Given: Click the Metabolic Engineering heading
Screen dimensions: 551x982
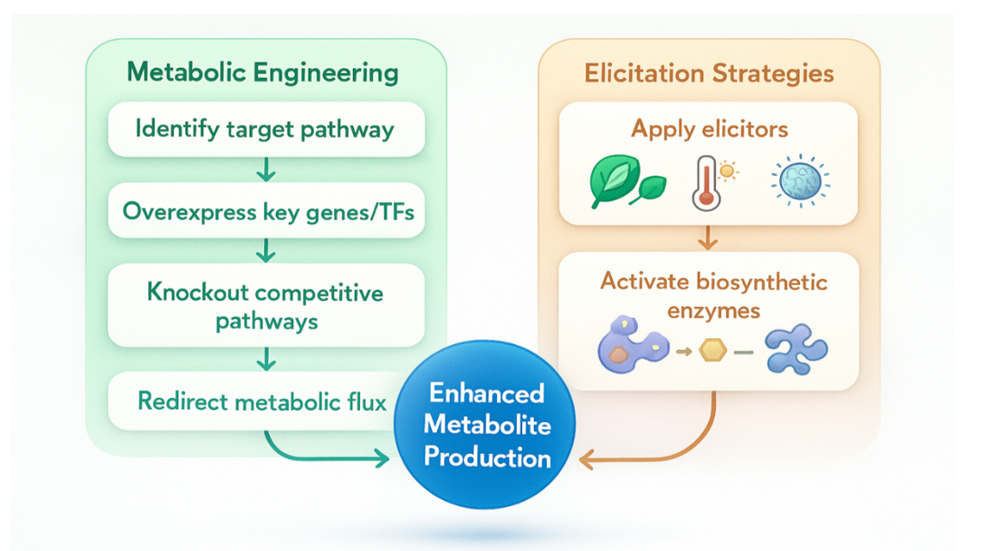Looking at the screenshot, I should pyautogui.click(x=262, y=72).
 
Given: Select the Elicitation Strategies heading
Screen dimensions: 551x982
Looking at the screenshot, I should pyautogui.click(x=709, y=73).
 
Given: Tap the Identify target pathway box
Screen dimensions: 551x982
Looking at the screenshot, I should pyautogui.click(x=265, y=129).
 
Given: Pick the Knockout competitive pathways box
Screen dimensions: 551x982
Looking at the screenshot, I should pyautogui.click(x=265, y=305).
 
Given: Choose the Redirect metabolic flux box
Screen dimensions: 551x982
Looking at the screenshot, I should pyautogui.click(x=253, y=401).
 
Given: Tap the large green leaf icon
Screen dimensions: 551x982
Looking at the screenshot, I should pyautogui.click(x=615, y=180).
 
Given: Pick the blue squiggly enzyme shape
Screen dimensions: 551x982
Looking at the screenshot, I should pyautogui.click(x=796, y=349).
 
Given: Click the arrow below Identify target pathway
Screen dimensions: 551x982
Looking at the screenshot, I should pyautogui.click(x=266, y=169).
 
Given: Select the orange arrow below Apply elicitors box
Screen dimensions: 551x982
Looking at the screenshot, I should pyautogui.click(x=709, y=238).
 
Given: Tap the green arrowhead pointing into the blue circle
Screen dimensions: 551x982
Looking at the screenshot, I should pyautogui.click(x=382, y=459).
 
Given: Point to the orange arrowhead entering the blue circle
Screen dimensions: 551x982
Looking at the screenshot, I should pyautogui.click(x=586, y=460).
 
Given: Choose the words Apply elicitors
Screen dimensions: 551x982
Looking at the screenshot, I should pyautogui.click(x=709, y=129).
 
